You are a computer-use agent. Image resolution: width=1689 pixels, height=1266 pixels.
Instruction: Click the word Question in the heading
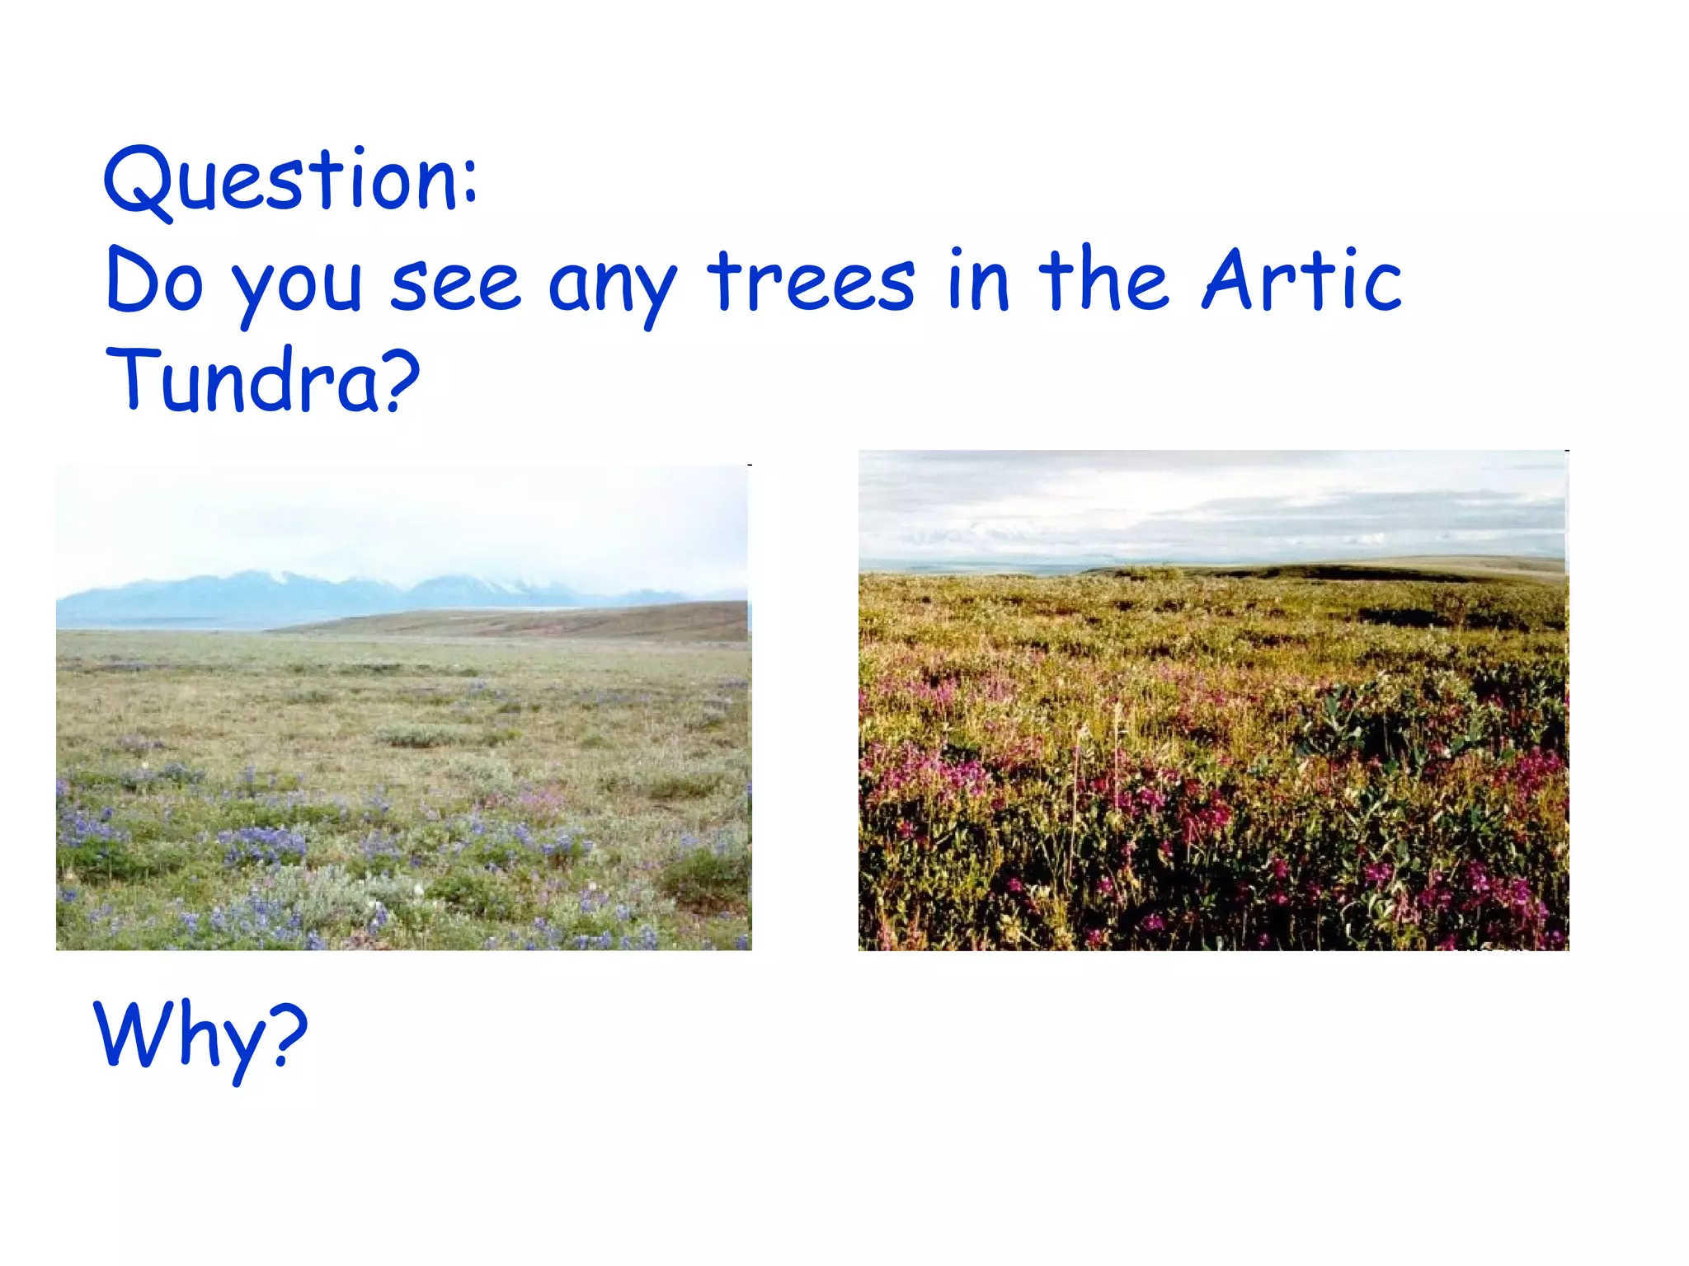click(280, 180)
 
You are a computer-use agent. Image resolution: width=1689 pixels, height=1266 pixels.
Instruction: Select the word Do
click(154, 282)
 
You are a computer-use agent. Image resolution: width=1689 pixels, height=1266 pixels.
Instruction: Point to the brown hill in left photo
click(577, 620)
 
